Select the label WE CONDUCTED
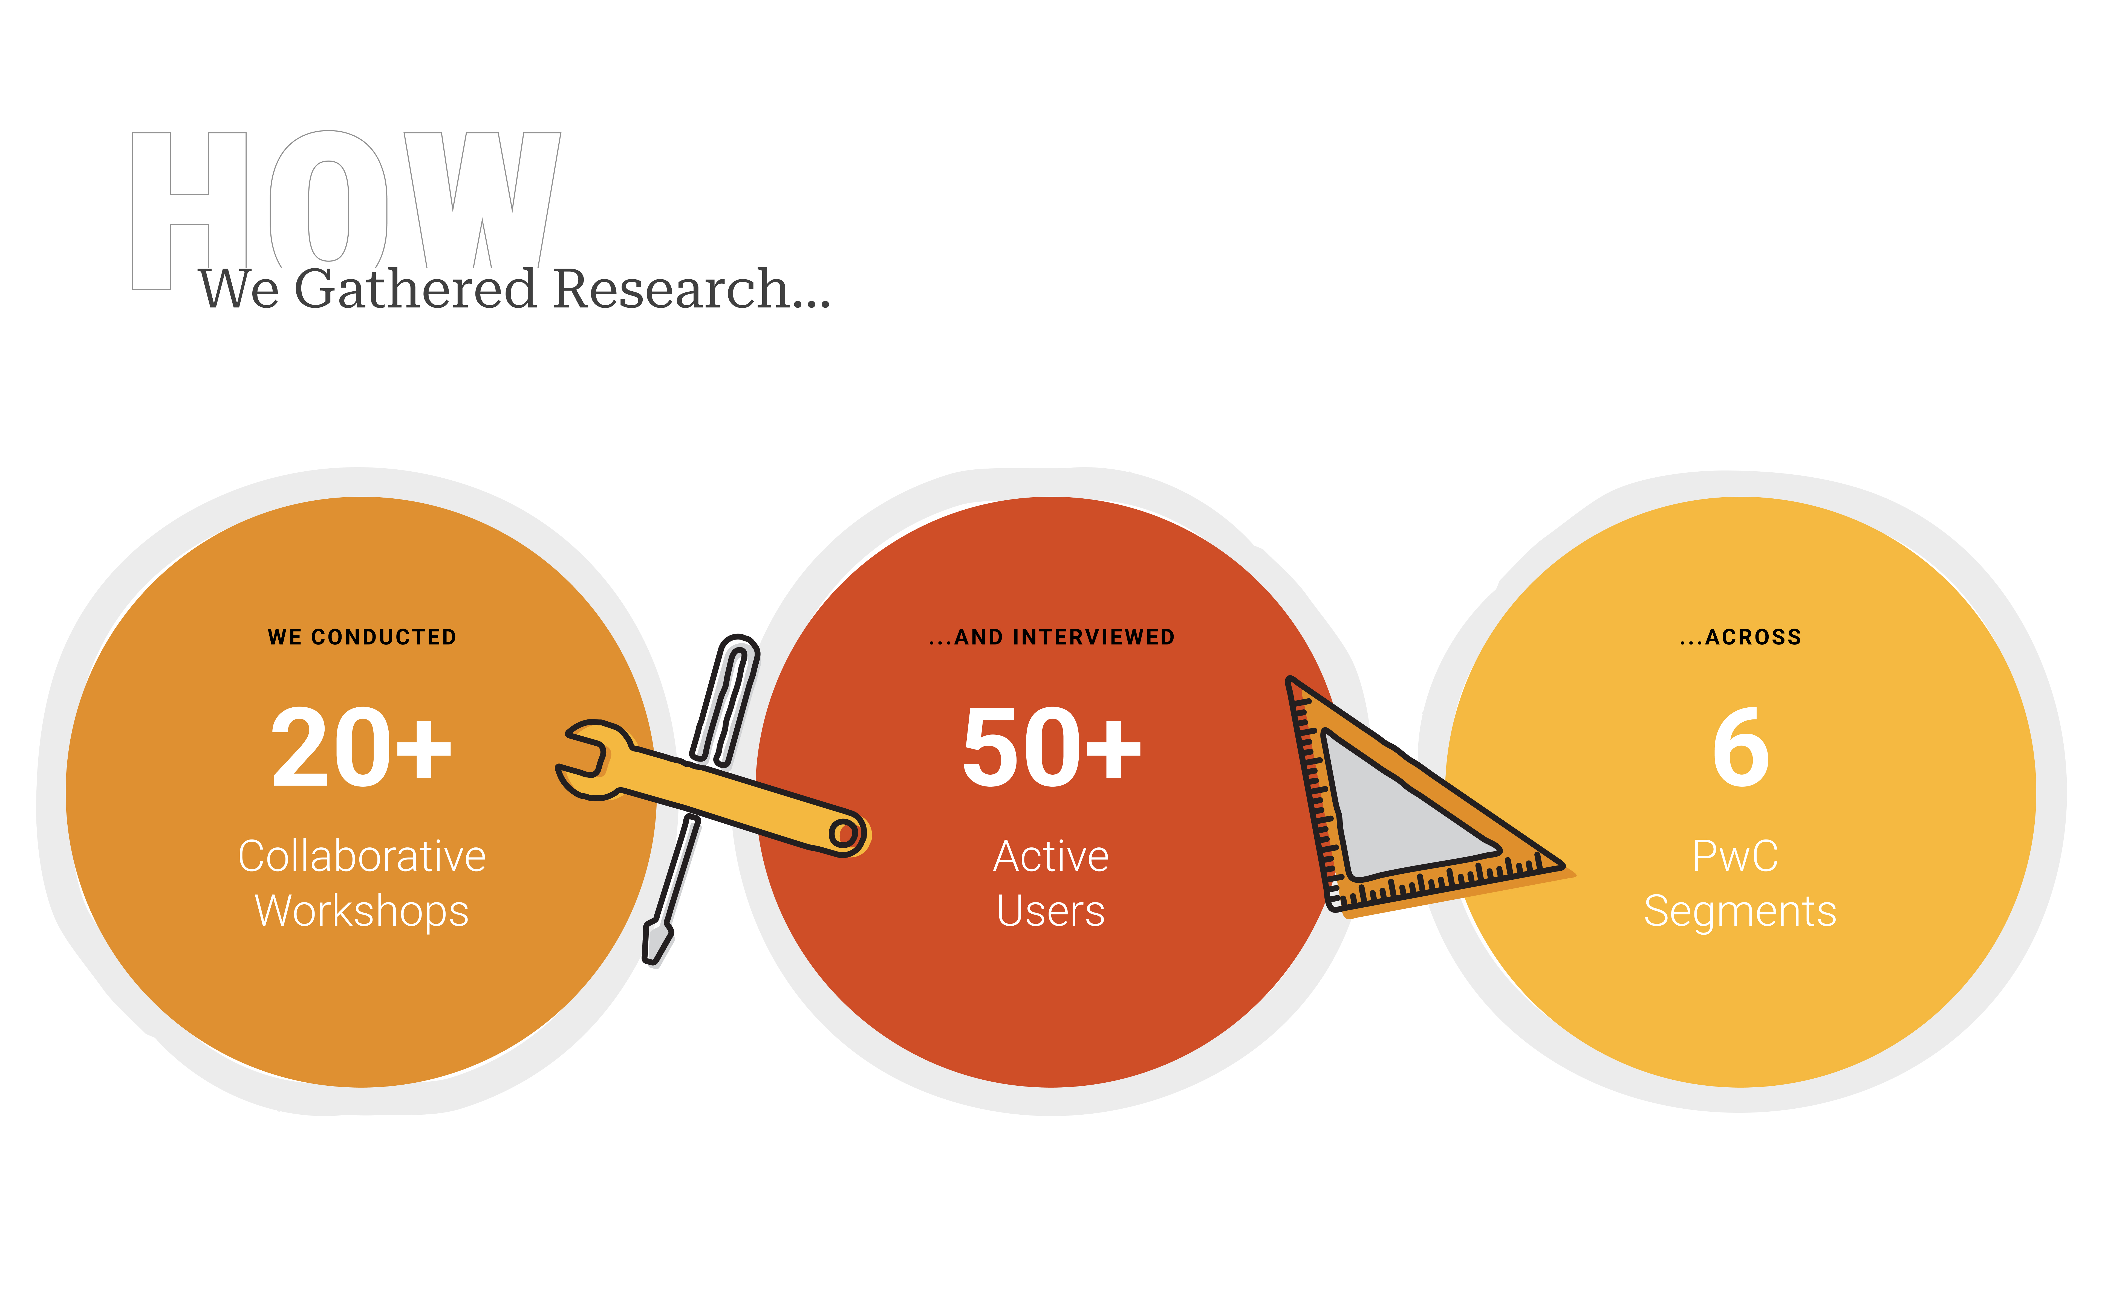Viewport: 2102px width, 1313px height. pos(362,637)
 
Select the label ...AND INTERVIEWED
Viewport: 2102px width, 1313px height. pos(1052,637)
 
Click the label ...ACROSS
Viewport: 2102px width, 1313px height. pos(1741,637)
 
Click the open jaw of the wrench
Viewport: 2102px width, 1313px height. pos(580,752)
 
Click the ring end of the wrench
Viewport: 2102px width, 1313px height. pos(842,834)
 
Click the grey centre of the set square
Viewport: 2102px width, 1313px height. pos(1390,816)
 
